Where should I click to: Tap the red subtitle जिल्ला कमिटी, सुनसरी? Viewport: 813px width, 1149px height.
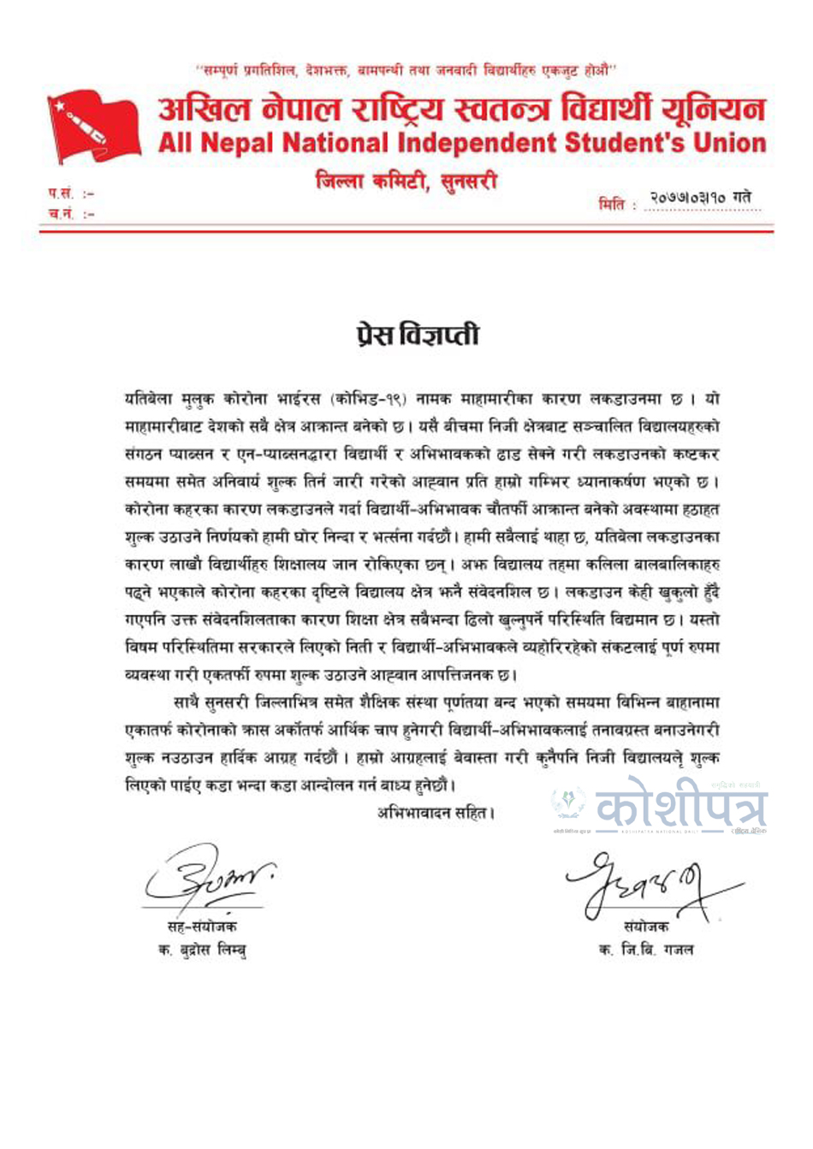coord(406,181)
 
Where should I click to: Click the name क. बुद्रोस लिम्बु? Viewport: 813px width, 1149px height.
coord(202,950)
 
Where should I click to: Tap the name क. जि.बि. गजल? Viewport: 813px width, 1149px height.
coord(646,950)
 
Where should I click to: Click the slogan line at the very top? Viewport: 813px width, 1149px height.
coord(406,69)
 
